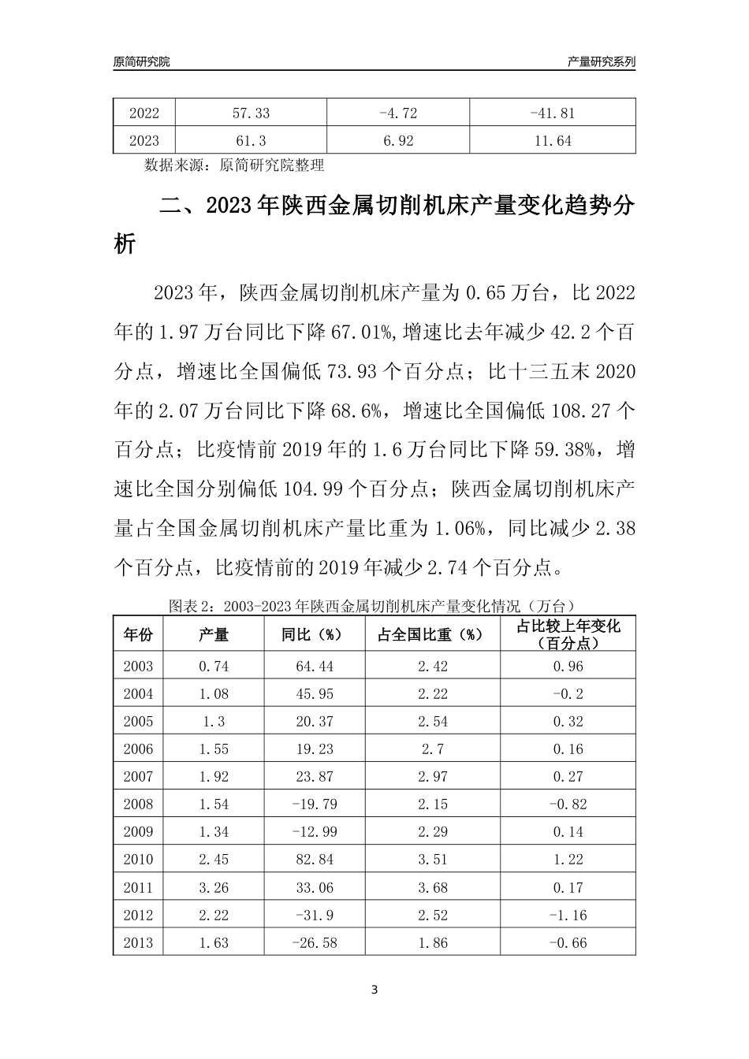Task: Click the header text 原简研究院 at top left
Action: pyautogui.click(x=142, y=61)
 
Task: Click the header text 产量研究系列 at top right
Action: pyautogui.click(x=601, y=61)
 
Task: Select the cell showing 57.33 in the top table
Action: pyautogui.click(x=251, y=113)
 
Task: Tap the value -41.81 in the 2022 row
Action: pyautogui.click(x=552, y=113)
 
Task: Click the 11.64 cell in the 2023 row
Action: pyautogui.click(x=552, y=142)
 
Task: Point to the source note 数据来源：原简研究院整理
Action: pyautogui.click(x=234, y=165)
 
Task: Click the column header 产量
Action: pyautogui.click(x=214, y=635)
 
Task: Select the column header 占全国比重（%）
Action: pyautogui.click(x=432, y=635)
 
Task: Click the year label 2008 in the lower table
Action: pyautogui.click(x=138, y=804)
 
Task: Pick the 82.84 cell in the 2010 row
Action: pyautogui.click(x=314, y=860)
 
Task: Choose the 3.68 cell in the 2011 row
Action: pyautogui.click(x=432, y=888)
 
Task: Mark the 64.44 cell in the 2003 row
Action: pyautogui.click(x=314, y=667)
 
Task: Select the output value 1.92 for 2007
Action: pyautogui.click(x=214, y=777)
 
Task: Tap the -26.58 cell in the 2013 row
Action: pyautogui.click(x=314, y=943)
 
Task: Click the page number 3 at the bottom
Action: pyautogui.click(x=374, y=990)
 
